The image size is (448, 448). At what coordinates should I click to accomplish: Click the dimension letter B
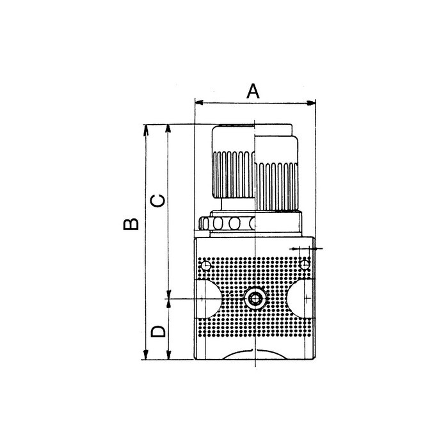click(x=131, y=224)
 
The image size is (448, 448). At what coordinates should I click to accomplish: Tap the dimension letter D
click(x=157, y=332)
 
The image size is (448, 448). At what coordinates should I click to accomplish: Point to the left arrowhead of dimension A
click(x=198, y=102)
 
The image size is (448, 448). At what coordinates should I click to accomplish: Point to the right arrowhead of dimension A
click(x=314, y=102)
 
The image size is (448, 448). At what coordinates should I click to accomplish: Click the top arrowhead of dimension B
click(x=147, y=127)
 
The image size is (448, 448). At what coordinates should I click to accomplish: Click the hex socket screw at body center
click(x=255, y=298)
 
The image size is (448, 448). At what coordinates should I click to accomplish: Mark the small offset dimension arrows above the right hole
click(x=308, y=248)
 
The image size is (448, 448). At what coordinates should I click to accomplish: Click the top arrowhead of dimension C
click(x=168, y=127)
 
